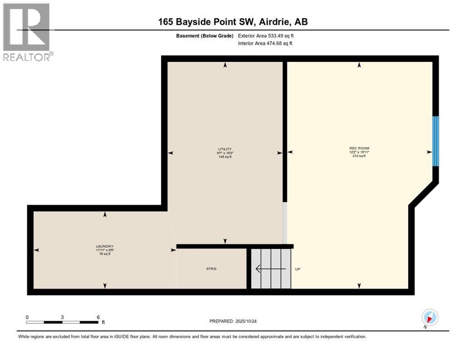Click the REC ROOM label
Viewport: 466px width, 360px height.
tap(359, 148)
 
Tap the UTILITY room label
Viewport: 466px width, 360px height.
tap(225, 149)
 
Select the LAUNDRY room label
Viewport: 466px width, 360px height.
tap(105, 247)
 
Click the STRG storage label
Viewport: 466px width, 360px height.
tap(211, 269)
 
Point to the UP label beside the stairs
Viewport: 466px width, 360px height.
tap(297, 270)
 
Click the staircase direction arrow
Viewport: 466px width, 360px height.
tap(270, 269)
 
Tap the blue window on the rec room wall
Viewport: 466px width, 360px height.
tap(436, 141)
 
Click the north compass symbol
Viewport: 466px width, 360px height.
tap(429, 318)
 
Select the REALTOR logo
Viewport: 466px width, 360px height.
tap(28, 32)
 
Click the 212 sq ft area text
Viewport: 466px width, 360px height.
tap(359, 156)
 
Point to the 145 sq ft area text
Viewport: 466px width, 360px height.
tap(225, 157)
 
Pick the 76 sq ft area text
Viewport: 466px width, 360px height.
tap(105, 254)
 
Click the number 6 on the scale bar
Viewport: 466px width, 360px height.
tap(98, 317)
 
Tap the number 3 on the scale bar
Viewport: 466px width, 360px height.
tap(62, 317)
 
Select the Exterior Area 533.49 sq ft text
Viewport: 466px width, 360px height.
tap(266, 36)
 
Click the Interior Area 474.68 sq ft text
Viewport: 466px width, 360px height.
tap(265, 44)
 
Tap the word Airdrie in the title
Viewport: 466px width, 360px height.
tap(277, 22)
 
